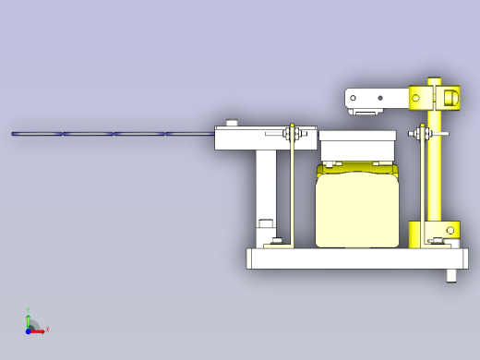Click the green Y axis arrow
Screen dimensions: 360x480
tap(30, 314)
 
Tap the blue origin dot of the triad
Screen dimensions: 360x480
tap(30, 328)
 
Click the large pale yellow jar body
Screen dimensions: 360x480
tap(357, 210)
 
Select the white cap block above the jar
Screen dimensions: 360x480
tap(357, 146)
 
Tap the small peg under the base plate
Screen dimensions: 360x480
tap(450, 275)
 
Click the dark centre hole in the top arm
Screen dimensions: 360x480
tap(379, 96)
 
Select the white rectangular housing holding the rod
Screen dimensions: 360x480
tap(249, 138)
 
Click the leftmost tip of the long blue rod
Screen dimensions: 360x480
tap(14, 134)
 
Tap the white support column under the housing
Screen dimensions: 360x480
tap(266, 189)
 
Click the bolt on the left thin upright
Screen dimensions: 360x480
tap(293, 135)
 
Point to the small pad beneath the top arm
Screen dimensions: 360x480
tap(366, 112)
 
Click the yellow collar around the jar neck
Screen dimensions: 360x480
tap(357, 168)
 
